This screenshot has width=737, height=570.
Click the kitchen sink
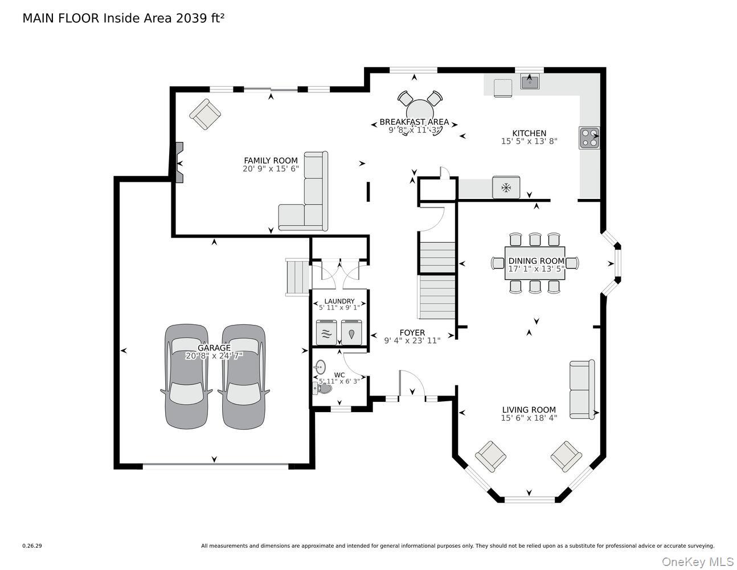click(x=530, y=82)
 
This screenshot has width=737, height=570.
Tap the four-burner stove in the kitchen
click(x=589, y=138)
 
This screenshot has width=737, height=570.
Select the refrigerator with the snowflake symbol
click(x=506, y=188)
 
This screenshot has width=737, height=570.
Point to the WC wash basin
click(x=320, y=367)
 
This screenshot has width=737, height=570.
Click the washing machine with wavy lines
click(x=326, y=332)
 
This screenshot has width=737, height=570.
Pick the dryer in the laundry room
click(x=352, y=332)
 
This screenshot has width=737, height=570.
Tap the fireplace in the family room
click(x=179, y=162)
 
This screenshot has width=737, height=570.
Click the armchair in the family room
click(x=205, y=115)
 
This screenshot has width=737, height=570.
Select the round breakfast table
click(x=420, y=113)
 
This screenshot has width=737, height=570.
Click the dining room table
click(x=535, y=263)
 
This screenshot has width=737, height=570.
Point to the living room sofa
click(x=582, y=389)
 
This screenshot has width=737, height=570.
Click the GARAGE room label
click(x=214, y=348)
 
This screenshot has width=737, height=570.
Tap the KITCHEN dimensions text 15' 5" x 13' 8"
click(x=529, y=141)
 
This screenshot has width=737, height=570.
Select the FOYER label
click(x=412, y=333)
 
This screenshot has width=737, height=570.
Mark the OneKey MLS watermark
click(x=698, y=562)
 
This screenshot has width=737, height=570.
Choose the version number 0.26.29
click(x=32, y=546)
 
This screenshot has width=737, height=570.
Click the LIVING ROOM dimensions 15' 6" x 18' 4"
click(x=529, y=418)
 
